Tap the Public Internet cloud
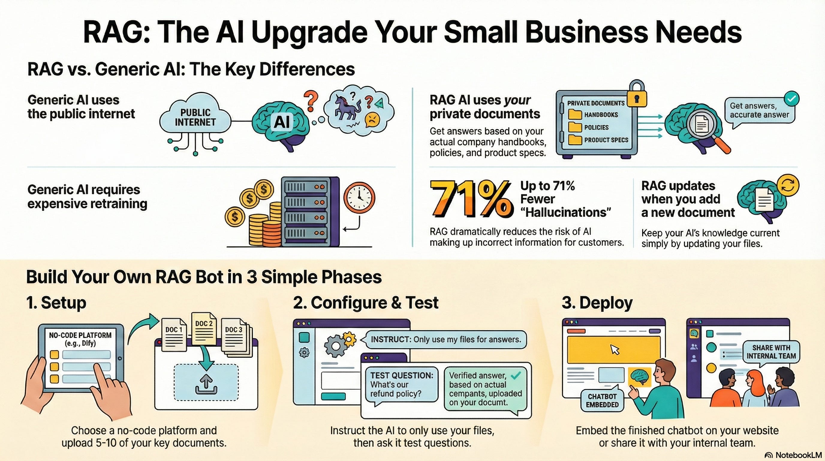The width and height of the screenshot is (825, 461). pyautogui.click(x=195, y=117)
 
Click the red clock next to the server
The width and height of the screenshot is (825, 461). pyautogui.click(x=359, y=197)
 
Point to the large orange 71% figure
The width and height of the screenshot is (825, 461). pyautogui.click(x=470, y=199)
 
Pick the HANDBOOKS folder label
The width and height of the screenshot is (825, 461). pyautogui.click(x=601, y=115)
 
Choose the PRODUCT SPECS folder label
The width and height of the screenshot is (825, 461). pyautogui.click(x=606, y=140)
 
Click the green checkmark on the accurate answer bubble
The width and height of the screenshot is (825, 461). pyautogui.click(x=791, y=99)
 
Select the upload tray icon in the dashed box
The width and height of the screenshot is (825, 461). pyautogui.click(x=206, y=384)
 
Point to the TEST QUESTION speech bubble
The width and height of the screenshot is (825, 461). pyautogui.click(x=401, y=385)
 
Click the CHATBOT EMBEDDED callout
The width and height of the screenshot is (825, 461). pyautogui.click(x=602, y=400)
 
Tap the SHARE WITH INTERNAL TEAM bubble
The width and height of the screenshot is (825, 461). pyautogui.click(x=771, y=352)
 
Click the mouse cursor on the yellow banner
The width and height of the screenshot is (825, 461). pyautogui.click(x=615, y=349)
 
